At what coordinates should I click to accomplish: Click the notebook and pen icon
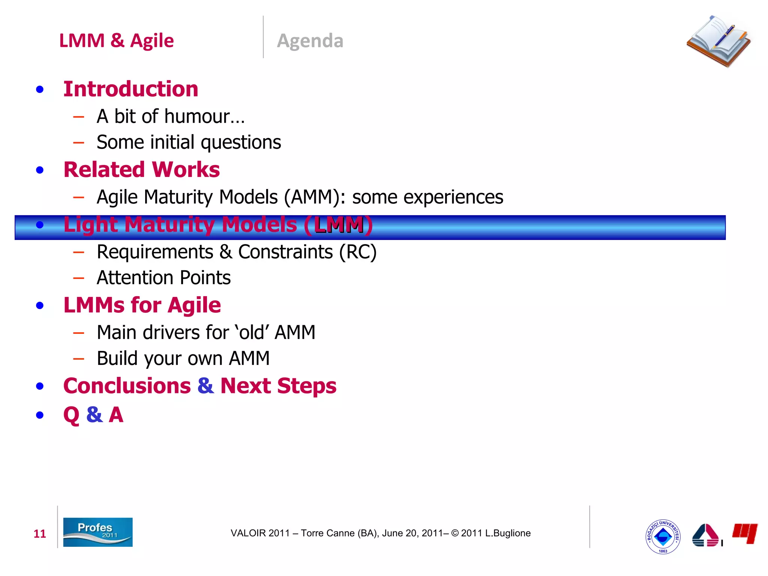pyautogui.click(x=718, y=41)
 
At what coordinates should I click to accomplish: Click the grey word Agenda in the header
pyautogui.click(x=310, y=41)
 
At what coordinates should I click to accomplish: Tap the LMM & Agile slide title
pyautogui.click(x=116, y=40)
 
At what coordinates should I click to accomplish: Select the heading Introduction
pyautogui.click(x=130, y=89)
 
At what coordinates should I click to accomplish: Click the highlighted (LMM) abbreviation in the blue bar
pyautogui.click(x=339, y=225)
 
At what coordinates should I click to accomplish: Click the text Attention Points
pyautogui.click(x=163, y=278)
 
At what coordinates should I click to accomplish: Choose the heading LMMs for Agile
pyautogui.click(x=142, y=305)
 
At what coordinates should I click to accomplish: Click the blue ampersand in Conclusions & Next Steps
pyautogui.click(x=205, y=386)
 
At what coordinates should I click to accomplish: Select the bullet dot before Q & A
pyautogui.click(x=40, y=415)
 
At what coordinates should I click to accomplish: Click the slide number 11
pyautogui.click(x=40, y=534)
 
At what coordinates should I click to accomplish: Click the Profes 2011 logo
pyautogui.click(x=97, y=532)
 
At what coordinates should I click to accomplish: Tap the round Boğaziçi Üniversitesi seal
pyautogui.click(x=663, y=537)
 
